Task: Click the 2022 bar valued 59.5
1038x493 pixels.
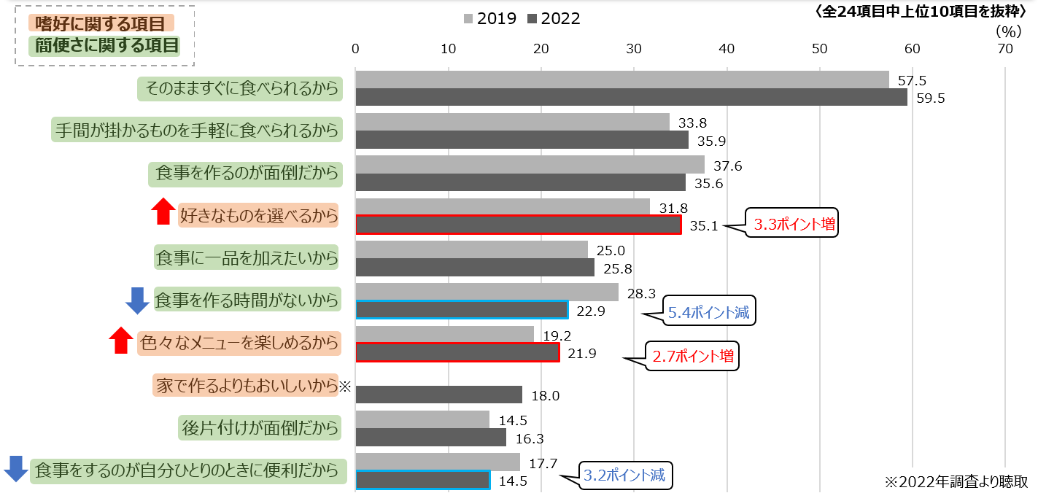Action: [631, 97]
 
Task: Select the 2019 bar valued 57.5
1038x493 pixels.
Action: [621, 79]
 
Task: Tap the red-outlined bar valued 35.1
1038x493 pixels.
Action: [518, 225]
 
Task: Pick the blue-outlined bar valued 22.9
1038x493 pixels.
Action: [461, 310]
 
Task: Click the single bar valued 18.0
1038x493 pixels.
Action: [438, 395]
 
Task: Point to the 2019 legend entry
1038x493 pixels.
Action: [489, 19]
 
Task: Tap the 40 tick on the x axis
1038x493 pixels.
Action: [727, 49]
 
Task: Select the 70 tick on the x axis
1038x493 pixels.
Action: [1005, 49]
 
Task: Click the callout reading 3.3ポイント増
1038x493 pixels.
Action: [794, 224]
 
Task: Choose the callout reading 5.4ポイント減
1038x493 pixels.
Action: [708, 312]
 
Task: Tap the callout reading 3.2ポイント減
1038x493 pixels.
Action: [626, 475]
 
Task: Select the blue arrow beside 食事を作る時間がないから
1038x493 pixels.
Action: [137, 300]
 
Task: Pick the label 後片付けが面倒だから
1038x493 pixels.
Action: [260, 428]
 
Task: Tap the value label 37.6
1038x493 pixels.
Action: [727, 166]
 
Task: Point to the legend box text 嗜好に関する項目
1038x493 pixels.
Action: [101, 24]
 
